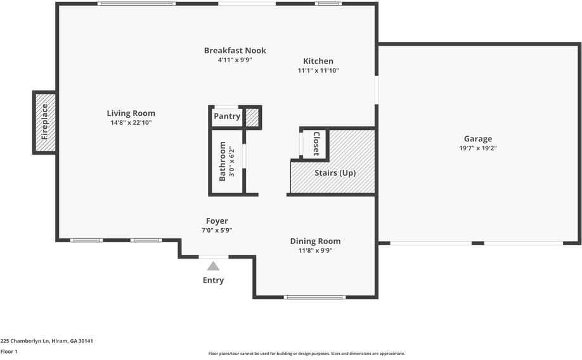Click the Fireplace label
click(x=45, y=122)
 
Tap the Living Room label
click(x=131, y=113)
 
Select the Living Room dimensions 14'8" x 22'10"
click(x=131, y=123)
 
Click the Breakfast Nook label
click(x=235, y=51)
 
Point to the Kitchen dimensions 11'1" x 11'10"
click(x=318, y=71)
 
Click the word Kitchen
click(x=318, y=61)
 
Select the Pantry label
click(x=227, y=117)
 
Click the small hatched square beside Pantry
click(x=252, y=117)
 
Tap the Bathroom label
click(x=223, y=162)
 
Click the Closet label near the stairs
click(x=315, y=144)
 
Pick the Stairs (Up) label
click(x=335, y=173)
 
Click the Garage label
click(x=477, y=139)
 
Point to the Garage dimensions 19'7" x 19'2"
click(x=477, y=148)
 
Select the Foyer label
click(x=217, y=221)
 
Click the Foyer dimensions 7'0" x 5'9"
click(x=217, y=231)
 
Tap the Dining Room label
click(x=315, y=241)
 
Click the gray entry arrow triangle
click(x=214, y=266)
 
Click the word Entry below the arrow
click(x=213, y=280)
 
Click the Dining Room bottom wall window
click(x=314, y=297)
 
